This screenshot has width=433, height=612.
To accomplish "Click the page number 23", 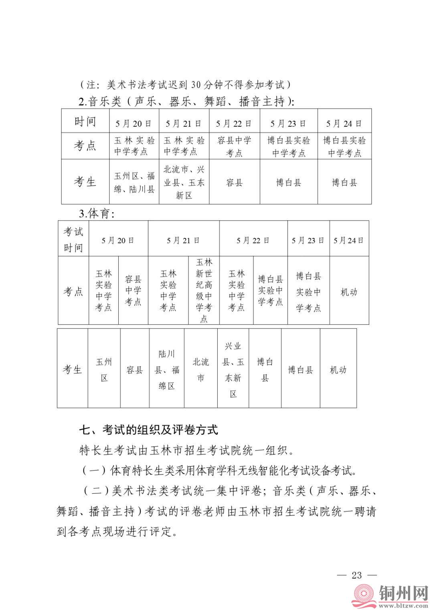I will point(356,576).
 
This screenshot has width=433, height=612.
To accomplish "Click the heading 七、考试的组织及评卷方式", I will point(148,430).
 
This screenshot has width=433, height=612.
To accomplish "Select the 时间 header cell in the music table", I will point(85,122).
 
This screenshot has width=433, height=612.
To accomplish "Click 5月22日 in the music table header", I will point(234,124).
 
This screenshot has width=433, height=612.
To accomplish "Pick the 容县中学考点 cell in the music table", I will point(234,146).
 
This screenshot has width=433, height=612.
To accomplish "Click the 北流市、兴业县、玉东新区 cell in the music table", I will point(184,182).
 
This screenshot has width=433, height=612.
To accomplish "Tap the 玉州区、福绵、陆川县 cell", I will point(134,182).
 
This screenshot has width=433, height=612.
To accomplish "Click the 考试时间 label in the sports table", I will point(73,239).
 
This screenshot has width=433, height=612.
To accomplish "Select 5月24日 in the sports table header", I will point(348,240).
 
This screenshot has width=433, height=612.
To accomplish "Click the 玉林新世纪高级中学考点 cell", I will point(204,290).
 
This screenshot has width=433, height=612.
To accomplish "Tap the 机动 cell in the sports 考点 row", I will point(348,292).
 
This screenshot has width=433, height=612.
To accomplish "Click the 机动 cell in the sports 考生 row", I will point(338,370).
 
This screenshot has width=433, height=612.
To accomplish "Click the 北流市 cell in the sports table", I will point(201,370).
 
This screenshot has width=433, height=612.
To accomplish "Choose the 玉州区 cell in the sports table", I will point(104,370).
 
